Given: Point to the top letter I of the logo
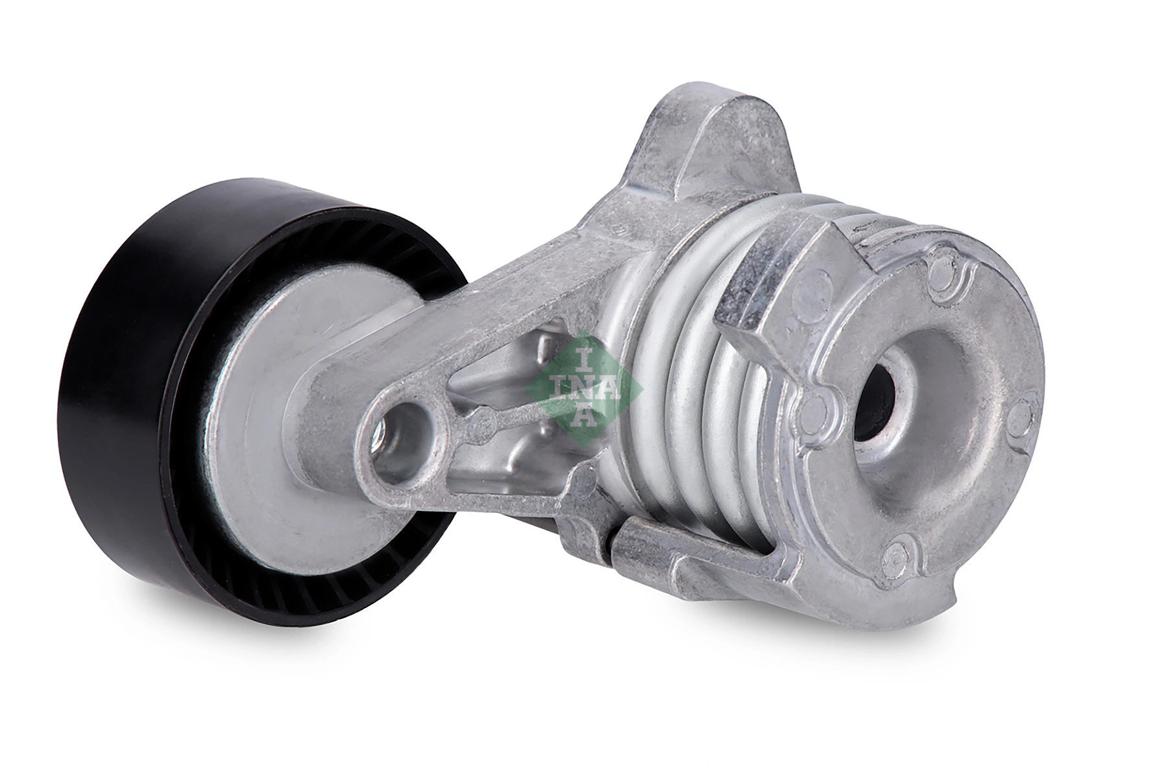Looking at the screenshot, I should [x=583, y=356].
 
